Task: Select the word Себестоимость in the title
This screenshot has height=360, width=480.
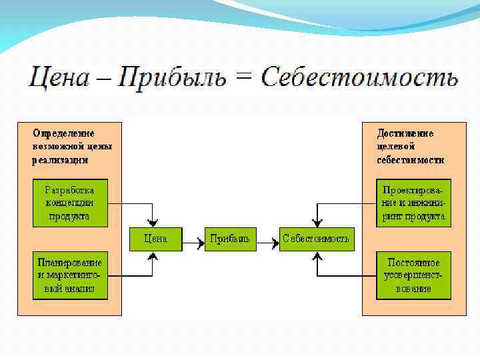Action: [x=359, y=77]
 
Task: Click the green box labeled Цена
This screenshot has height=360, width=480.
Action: [x=155, y=239]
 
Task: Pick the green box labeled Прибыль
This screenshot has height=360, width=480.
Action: [x=230, y=239]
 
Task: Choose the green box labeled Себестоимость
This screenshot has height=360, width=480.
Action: [x=315, y=239]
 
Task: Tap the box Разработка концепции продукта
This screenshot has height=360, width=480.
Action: [x=69, y=203]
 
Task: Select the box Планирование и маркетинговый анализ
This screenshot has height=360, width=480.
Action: [x=69, y=275]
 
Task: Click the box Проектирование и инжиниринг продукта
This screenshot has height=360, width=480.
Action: [x=413, y=203]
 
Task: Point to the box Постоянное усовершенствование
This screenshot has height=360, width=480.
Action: [x=413, y=275]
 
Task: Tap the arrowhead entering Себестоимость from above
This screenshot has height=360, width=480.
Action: [x=315, y=223]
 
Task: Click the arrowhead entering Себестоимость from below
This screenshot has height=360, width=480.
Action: [x=315, y=255]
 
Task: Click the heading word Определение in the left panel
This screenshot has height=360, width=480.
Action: [x=64, y=133]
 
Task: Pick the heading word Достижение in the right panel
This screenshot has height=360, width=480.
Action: [x=405, y=133]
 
